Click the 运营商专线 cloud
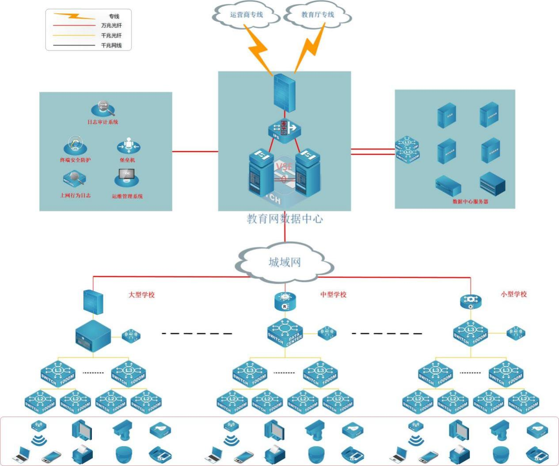pos(246,15)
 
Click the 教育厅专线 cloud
pos(318,15)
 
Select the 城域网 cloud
pos(285,263)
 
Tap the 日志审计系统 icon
pos(103,109)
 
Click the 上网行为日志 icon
pos(74,180)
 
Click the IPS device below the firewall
pos(284,131)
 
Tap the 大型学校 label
pos(141,295)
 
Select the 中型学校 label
pos(333,294)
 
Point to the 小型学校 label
pos(513,294)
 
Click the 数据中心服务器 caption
pos(470,202)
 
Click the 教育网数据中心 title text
pos(285,219)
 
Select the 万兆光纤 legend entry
pos(111,26)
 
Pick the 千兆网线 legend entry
pos(111,46)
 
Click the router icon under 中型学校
pos(285,302)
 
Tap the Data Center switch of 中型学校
pos(285,332)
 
